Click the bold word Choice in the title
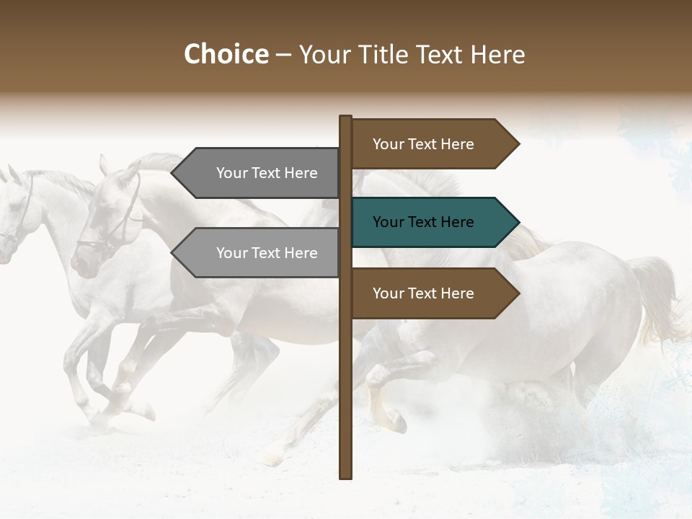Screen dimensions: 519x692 [x=226, y=55]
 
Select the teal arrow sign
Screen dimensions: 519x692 [x=432, y=222]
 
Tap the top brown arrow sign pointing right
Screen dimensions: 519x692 [x=432, y=144]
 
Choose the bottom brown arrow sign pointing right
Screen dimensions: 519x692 [x=432, y=293]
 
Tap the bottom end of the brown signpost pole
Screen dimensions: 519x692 [x=345, y=476]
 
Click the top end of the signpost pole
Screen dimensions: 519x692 [x=345, y=117]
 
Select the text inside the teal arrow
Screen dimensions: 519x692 [x=423, y=222]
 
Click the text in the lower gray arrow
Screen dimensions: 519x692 [x=267, y=253]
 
